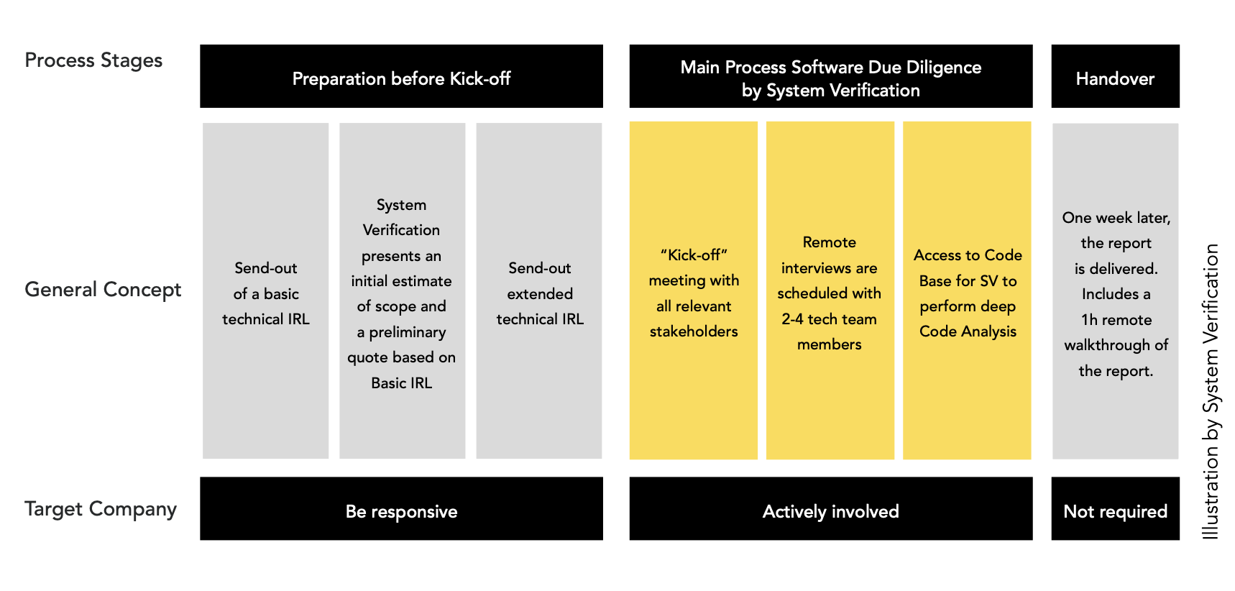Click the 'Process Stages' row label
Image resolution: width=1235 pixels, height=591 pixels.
93,60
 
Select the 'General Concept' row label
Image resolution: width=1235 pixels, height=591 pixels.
103,290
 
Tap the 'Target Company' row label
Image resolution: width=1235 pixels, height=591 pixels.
101,509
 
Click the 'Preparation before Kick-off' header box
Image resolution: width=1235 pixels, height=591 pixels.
401,76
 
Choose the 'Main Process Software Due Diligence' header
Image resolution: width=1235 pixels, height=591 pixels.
831,76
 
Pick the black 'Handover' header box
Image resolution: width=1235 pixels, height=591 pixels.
1116,76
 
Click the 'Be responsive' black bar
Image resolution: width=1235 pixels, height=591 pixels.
401,508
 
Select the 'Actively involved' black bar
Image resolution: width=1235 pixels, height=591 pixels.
831,508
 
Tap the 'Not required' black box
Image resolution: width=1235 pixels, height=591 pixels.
1116,508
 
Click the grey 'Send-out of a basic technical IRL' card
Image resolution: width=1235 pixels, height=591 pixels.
265,290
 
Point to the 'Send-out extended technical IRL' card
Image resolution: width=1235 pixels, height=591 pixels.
539,290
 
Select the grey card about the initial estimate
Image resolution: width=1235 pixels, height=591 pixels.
402,290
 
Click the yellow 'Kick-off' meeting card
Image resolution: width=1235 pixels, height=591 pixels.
694,290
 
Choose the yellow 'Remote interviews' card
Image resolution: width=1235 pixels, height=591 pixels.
830,290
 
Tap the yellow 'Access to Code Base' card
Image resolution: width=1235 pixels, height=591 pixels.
967,290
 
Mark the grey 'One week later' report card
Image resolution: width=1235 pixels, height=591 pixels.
1116,290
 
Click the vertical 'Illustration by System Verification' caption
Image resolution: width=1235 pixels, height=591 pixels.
1211,392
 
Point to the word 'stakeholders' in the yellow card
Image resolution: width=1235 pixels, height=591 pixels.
694,331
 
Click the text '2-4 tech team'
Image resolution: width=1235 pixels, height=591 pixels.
830,319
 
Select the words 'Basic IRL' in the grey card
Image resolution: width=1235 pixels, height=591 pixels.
402,383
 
